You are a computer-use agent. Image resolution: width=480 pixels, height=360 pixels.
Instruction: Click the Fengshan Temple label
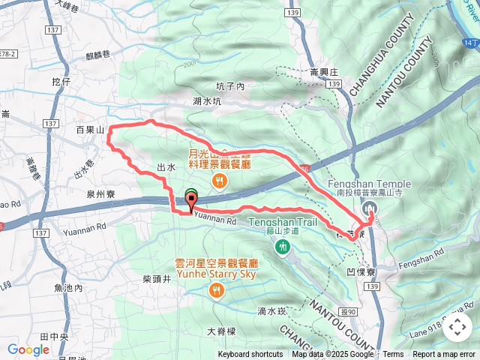(x=369, y=184)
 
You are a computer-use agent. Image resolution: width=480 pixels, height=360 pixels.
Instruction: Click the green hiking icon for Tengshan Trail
(x=282, y=247)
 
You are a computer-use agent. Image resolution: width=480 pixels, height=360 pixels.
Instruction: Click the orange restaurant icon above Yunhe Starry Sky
(x=217, y=290)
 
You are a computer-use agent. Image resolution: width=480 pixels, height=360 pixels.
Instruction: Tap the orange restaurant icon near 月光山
(x=220, y=179)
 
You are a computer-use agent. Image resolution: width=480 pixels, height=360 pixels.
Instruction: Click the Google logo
(x=28, y=349)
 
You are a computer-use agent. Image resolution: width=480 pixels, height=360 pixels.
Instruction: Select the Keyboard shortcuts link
(x=250, y=355)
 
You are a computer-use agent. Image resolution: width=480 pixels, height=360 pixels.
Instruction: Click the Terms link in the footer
(x=393, y=355)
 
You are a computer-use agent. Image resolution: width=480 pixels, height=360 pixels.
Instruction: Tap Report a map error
(x=445, y=355)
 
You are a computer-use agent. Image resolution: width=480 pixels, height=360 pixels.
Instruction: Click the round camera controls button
(x=457, y=326)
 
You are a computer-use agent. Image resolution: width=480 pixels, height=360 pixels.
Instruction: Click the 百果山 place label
(x=89, y=130)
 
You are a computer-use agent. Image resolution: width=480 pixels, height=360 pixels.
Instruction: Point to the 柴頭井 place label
(x=156, y=278)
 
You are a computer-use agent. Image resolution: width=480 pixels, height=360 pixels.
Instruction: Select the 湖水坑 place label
(x=206, y=100)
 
